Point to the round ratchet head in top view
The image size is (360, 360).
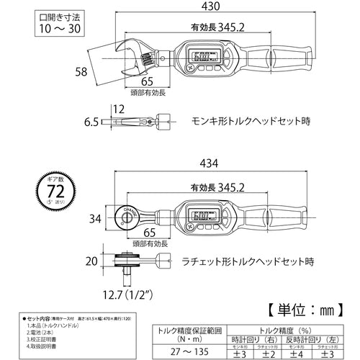128,215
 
